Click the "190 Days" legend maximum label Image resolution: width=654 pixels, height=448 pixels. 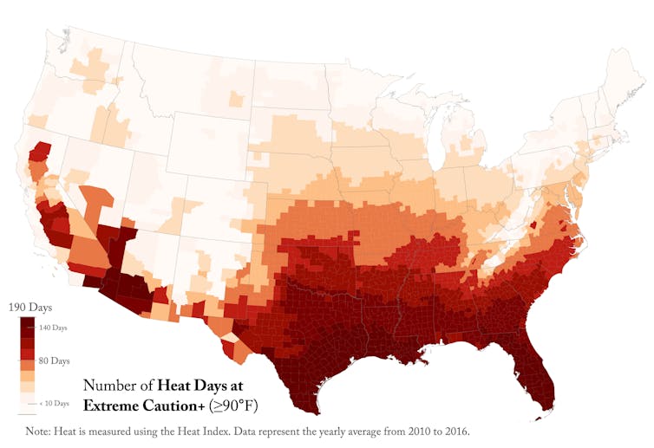point(29,308)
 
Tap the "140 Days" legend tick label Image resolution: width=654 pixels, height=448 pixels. point(53,328)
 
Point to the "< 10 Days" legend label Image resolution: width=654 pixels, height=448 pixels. point(55,403)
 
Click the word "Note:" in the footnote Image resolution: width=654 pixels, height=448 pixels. point(40,431)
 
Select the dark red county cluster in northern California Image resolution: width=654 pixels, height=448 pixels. point(38,154)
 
